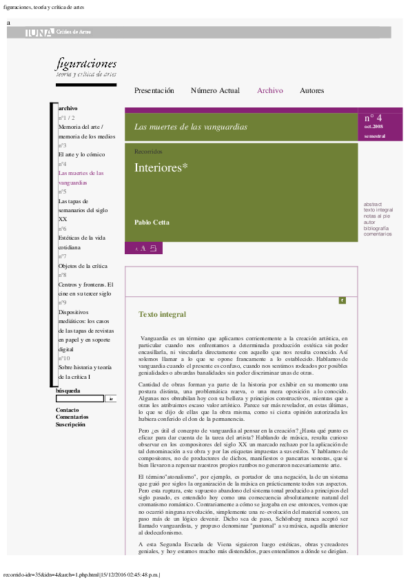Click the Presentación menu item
[154, 91]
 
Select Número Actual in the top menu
[215, 91]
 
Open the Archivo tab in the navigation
[269, 91]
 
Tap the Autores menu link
[311, 91]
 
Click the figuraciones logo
[86, 66]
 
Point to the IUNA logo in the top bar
[39, 32]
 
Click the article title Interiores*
[161, 167]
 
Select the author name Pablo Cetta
[152, 222]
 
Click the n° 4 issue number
[373, 118]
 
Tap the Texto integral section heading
[162, 315]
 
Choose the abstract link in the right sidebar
[372, 205]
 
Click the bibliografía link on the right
[376, 228]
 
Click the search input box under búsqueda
[79, 398]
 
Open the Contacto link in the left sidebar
[67, 410]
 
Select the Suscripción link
[70, 425]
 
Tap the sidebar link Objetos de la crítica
[83, 265]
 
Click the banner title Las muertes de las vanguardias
[190, 127]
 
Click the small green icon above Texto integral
[342, 300]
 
